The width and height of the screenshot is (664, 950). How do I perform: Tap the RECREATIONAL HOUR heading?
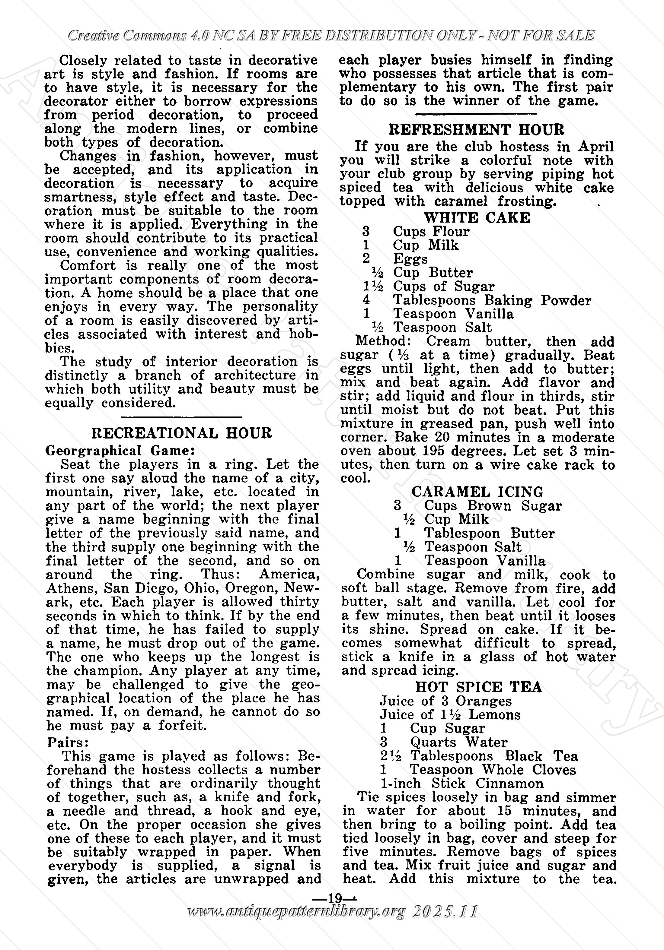[x=181, y=433]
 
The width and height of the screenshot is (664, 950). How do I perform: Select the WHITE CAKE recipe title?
[x=477, y=218]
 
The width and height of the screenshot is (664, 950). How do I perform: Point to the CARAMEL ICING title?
[x=477, y=492]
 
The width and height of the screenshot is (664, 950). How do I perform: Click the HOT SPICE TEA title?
[x=479, y=687]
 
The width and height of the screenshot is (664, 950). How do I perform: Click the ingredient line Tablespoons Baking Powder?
[x=492, y=300]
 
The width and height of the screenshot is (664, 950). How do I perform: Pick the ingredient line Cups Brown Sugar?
[x=493, y=506]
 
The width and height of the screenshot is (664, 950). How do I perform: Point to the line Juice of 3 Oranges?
[x=445, y=701]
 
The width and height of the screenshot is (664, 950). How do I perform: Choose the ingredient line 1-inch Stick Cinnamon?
[x=461, y=783]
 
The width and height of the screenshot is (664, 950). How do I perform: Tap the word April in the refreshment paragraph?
[x=596, y=147]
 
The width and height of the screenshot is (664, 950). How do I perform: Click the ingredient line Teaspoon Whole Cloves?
[x=493, y=770]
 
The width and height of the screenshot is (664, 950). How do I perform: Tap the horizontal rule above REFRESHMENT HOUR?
[x=476, y=113]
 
